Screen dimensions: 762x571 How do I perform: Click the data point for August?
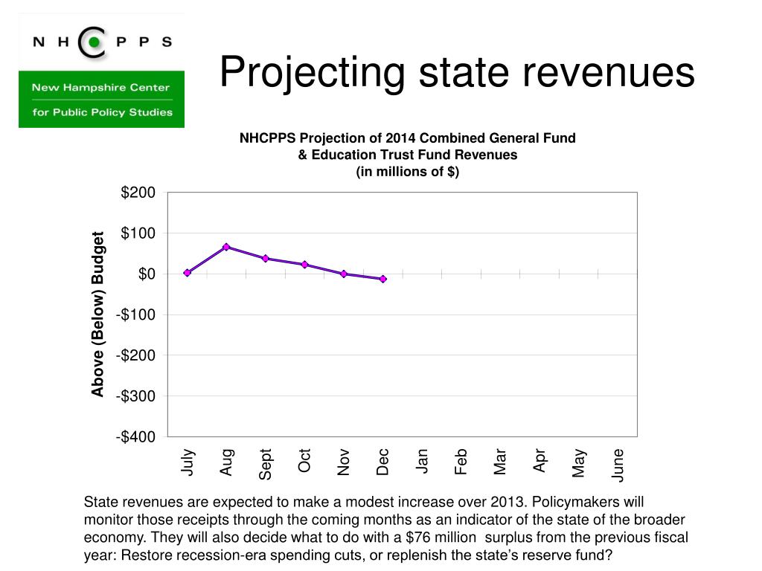[x=226, y=247]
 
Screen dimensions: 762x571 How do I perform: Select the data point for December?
[x=383, y=280]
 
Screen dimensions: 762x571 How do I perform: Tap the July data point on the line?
[x=187, y=273]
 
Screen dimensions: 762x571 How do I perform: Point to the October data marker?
[x=304, y=265]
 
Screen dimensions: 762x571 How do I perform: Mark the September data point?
[x=266, y=258]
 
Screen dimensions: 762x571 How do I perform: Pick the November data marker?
[x=344, y=274]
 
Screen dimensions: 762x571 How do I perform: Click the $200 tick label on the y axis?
[x=138, y=193]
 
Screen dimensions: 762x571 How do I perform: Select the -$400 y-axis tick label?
[x=135, y=437]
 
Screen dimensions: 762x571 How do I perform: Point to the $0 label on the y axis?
[x=147, y=274]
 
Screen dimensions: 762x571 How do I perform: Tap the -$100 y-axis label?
[x=135, y=315]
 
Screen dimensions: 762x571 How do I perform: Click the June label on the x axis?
[x=618, y=465]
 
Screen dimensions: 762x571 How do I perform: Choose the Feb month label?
[x=461, y=462]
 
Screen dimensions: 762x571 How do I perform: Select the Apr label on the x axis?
[x=540, y=461]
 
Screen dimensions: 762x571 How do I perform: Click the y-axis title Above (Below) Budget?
[x=97, y=314]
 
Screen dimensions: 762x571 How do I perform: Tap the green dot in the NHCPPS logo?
[x=95, y=42]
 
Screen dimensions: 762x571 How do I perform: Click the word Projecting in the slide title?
[x=312, y=74]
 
